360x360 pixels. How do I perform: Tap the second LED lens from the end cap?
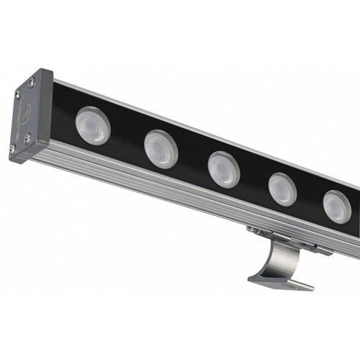(161, 148)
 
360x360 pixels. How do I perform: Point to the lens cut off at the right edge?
(337, 207)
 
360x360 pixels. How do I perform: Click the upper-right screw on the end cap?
(32, 84)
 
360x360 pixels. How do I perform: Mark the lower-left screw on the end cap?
(12, 148)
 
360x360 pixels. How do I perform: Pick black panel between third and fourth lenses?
(253, 180)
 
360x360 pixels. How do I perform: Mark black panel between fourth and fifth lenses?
(310, 199)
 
